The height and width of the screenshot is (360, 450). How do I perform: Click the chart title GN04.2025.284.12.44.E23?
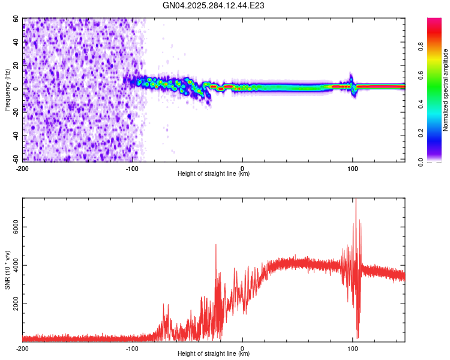click(214, 5)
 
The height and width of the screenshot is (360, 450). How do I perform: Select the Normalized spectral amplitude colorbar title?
click(446, 91)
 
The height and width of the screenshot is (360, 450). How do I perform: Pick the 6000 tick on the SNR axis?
click(12, 227)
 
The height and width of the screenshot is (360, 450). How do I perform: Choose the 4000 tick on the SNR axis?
click(12, 265)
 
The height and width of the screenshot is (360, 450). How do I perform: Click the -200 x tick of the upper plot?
click(23, 168)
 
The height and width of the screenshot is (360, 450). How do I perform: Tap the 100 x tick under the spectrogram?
click(353, 168)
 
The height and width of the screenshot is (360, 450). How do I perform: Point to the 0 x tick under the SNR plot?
click(242, 349)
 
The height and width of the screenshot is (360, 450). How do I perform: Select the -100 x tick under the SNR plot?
click(132, 349)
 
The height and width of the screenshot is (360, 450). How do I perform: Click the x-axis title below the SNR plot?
click(214, 354)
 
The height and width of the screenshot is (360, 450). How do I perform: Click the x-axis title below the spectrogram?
click(214, 174)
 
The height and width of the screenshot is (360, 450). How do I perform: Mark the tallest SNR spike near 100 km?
click(356, 200)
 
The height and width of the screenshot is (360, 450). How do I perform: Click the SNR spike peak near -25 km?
click(215, 245)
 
